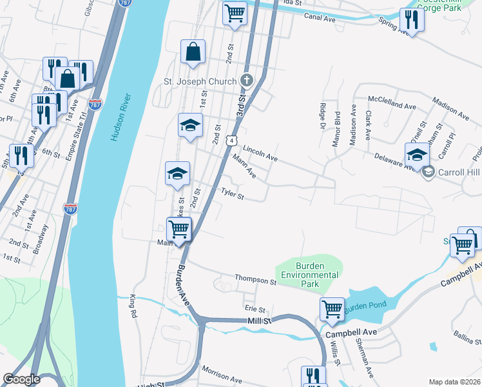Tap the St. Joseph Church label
tap(199, 81)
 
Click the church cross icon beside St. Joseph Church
tap(246, 81)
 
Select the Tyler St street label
tap(233, 193)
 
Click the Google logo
tap(21, 379)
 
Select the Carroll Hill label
tap(458, 172)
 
